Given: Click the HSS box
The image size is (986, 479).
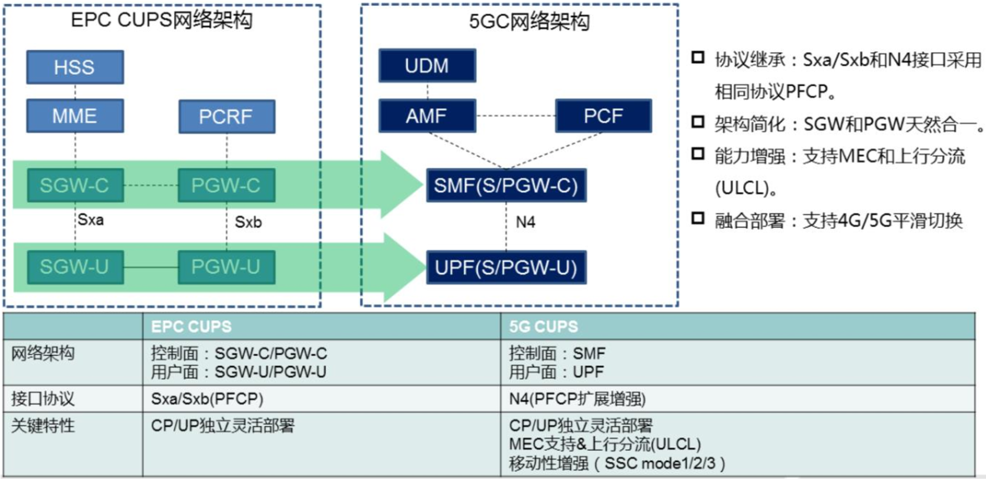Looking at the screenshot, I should click(75, 67).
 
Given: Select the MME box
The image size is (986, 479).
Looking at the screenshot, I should click(75, 116).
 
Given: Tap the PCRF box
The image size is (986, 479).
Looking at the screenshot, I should click(226, 117).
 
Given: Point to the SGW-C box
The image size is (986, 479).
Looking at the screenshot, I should click(75, 185).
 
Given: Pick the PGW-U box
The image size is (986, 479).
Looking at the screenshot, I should click(226, 267).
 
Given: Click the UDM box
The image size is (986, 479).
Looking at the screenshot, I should click(427, 66).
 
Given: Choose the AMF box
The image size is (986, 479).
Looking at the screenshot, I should click(427, 116).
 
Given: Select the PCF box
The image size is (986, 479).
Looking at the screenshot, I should click(603, 116).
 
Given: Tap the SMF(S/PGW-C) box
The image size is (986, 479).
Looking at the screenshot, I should click(506, 185).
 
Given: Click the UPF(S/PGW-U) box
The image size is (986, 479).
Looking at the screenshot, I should click(506, 267).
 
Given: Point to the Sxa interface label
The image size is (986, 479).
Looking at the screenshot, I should click(91, 220).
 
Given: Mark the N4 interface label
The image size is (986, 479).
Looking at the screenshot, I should click(525, 222).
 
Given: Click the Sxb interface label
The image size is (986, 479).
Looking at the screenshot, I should click(248, 222).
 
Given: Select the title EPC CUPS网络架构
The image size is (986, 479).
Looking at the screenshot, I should click(161, 20).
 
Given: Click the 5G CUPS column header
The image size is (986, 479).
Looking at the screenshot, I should click(543, 327).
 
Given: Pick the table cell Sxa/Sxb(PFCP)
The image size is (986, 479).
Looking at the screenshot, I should click(207, 399).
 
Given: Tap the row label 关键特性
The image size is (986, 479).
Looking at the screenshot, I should click(43, 426).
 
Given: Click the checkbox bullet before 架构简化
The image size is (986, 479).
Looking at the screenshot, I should click(698, 122).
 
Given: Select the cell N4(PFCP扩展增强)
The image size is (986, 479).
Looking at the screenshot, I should click(577, 399).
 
